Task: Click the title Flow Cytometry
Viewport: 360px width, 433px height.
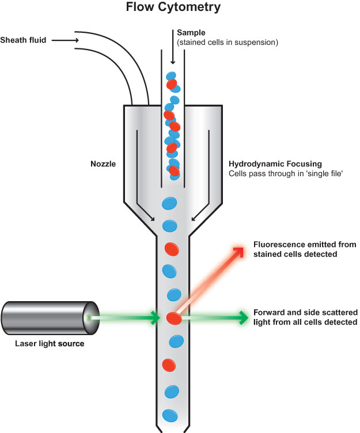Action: (x=180, y=9)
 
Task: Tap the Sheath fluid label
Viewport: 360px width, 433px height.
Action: (x=24, y=40)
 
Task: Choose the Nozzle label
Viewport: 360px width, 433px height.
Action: (x=103, y=164)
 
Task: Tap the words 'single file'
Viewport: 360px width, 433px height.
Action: (x=324, y=173)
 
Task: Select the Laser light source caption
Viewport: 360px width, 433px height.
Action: (x=50, y=344)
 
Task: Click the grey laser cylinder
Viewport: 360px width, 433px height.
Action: (x=46, y=317)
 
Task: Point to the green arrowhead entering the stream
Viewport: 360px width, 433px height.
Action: (x=154, y=317)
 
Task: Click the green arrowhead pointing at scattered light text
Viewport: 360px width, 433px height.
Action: (x=241, y=317)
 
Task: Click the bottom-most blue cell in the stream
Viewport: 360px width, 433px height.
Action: (x=170, y=415)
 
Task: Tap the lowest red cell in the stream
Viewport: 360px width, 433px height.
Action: (x=169, y=365)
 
